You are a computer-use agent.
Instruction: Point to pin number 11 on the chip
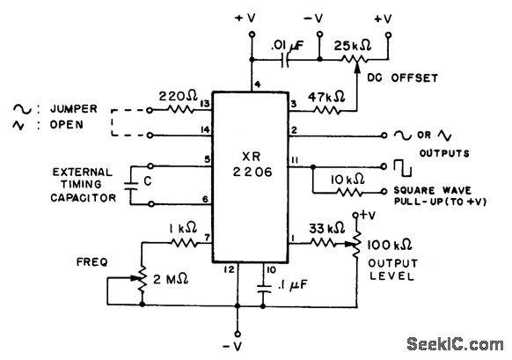[x=295, y=158]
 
